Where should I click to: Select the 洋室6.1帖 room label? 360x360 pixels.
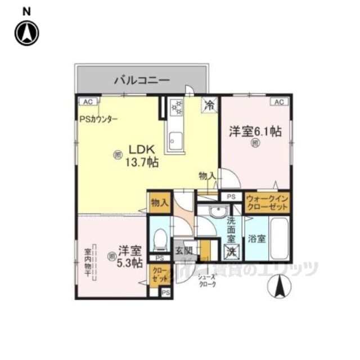tap(255, 133)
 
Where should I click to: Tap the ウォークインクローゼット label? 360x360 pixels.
tap(267, 202)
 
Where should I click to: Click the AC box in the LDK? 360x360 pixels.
tap(88, 102)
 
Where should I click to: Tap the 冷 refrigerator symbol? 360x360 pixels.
tap(209, 104)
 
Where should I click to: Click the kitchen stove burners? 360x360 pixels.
tap(177, 107)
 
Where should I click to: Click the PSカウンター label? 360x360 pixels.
tap(98, 119)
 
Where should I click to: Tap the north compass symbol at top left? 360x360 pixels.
tap(26, 32)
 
